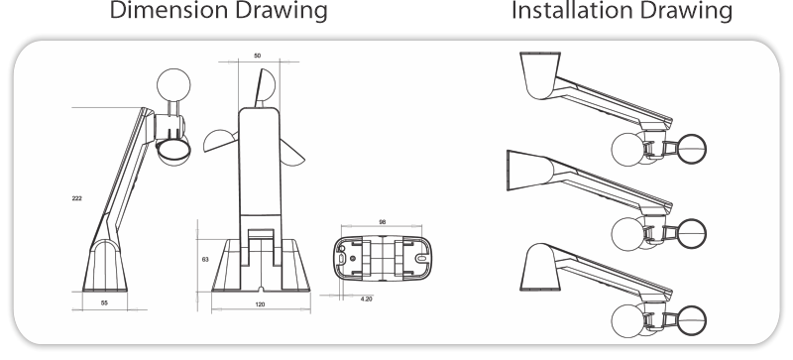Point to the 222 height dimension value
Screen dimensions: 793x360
click(x=77, y=198)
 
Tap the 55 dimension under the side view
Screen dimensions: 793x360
click(x=104, y=302)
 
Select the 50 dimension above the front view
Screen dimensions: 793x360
click(x=258, y=56)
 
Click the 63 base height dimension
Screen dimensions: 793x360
click(x=205, y=259)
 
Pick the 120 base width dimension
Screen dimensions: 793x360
click(x=260, y=304)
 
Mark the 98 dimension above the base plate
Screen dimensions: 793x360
click(x=383, y=222)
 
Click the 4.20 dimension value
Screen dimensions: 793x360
click(x=366, y=299)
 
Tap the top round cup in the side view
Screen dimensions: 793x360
click(x=173, y=85)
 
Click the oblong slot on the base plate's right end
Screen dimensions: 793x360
click(x=421, y=258)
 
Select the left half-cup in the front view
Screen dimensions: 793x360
click(x=220, y=141)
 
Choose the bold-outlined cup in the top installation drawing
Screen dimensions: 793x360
click(x=691, y=149)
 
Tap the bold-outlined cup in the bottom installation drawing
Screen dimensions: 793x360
click(x=691, y=320)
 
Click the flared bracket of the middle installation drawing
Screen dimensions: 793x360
click(x=528, y=171)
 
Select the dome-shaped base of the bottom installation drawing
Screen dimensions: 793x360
click(x=539, y=268)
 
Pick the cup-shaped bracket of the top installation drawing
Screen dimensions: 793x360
click(x=540, y=75)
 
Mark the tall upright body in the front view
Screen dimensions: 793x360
click(x=259, y=167)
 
